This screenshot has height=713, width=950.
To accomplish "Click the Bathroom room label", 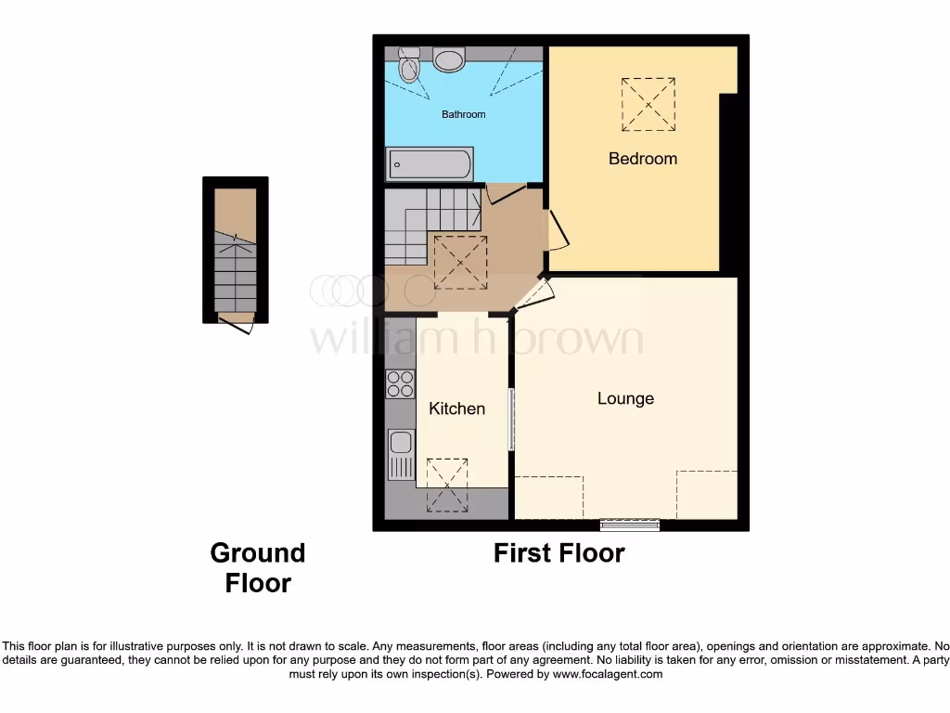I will click(x=463, y=114).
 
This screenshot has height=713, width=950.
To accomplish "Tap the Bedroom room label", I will click(x=642, y=159).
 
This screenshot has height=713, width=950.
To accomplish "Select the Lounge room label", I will click(x=625, y=398).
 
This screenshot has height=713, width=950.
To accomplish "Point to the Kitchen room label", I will click(x=456, y=408).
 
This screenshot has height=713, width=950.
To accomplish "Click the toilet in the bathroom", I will click(x=408, y=65).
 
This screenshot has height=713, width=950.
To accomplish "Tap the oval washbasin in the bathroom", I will click(x=450, y=60).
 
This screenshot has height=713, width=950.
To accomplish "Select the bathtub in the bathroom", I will click(x=430, y=165).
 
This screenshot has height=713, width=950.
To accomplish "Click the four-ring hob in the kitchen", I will click(x=400, y=383).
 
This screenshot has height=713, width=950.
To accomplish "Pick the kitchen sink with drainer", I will click(x=400, y=455).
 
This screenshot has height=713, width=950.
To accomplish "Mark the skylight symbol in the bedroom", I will click(x=648, y=104).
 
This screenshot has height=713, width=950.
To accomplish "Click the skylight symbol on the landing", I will click(x=460, y=262).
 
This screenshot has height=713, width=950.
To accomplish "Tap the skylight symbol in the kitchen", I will click(x=447, y=485).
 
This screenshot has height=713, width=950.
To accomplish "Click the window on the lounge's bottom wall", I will click(x=630, y=525).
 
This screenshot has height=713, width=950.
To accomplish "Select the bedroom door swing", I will click(x=558, y=231).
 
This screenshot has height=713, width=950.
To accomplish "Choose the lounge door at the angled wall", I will click(x=535, y=295).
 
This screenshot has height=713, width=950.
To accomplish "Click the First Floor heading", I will click(x=558, y=553).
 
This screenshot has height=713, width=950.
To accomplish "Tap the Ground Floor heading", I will click(x=257, y=568).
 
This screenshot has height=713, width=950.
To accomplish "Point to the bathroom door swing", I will click(x=505, y=193).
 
